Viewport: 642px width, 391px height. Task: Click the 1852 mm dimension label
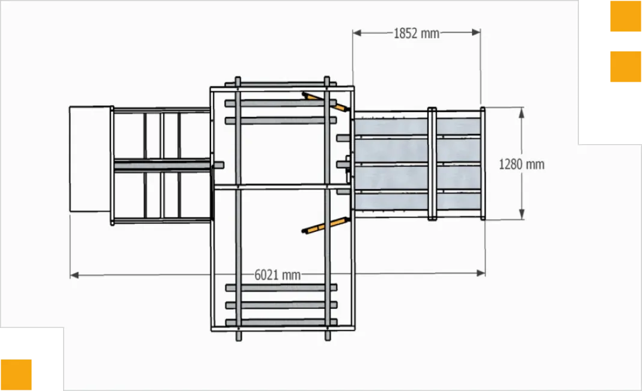pyautogui.click(x=417, y=34)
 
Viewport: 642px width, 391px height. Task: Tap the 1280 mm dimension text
pyautogui.click(x=522, y=165)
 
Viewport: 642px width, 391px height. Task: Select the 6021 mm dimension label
pyautogui.click(x=278, y=275)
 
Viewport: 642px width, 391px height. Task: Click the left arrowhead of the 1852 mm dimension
pyautogui.click(x=357, y=32)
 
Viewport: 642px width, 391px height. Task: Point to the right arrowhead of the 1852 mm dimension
pyautogui.click(x=476, y=32)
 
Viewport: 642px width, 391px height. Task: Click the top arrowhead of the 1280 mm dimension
pyautogui.click(x=522, y=113)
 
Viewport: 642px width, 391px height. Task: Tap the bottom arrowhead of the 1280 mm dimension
pyautogui.click(x=522, y=214)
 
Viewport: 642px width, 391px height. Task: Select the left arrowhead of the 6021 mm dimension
pyautogui.click(x=74, y=275)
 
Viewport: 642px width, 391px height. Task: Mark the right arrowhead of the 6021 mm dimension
pyautogui.click(x=481, y=273)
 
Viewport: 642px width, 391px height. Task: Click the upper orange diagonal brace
pyautogui.click(x=326, y=102)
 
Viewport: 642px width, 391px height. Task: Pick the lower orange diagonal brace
pyautogui.click(x=326, y=225)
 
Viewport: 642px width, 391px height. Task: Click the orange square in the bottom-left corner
pyautogui.click(x=16, y=375)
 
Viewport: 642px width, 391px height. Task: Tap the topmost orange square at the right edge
pyautogui.click(x=626, y=16)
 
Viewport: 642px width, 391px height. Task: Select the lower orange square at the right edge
pyautogui.click(x=626, y=67)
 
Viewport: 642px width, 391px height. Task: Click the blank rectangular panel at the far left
pyautogui.click(x=90, y=159)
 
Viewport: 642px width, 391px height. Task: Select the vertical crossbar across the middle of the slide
pyautogui.click(x=432, y=163)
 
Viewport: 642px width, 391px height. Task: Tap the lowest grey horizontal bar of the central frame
pyautogui.click(x=281, y=323)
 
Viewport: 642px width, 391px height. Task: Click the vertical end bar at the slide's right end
pyautogui.click(x=483, y=163)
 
